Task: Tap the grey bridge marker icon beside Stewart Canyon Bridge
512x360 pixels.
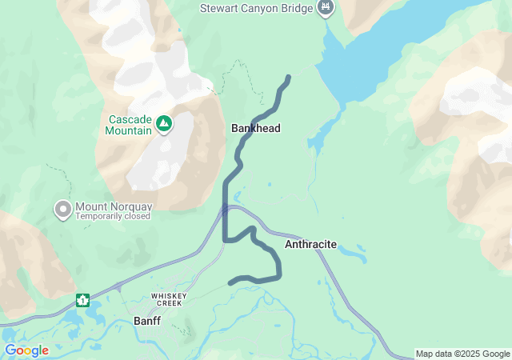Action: click(x=326, y=8)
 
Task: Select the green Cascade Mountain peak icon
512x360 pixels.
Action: click(x=163, y=123)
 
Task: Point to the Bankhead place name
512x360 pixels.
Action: click(x=256, y=128)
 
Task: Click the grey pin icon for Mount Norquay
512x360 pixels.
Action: click(x=62, y=210)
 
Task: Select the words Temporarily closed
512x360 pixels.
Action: click(x=113, y=217)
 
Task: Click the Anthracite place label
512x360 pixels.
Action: click(x=310, y=243)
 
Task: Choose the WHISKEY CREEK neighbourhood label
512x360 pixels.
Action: click(x=169, y=297)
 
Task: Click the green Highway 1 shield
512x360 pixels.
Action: click(x=82, y=301)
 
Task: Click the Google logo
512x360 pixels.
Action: click(x=26, y=350)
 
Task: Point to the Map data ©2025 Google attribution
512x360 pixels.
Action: click(x=462, y=354)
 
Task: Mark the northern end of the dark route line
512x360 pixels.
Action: click(x=288, y=77)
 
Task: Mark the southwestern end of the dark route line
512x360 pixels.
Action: click(x=230, y=282)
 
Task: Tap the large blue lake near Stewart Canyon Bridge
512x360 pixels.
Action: click(x=400, y=48)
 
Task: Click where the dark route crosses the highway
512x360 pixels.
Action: click(x=225, y=210)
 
